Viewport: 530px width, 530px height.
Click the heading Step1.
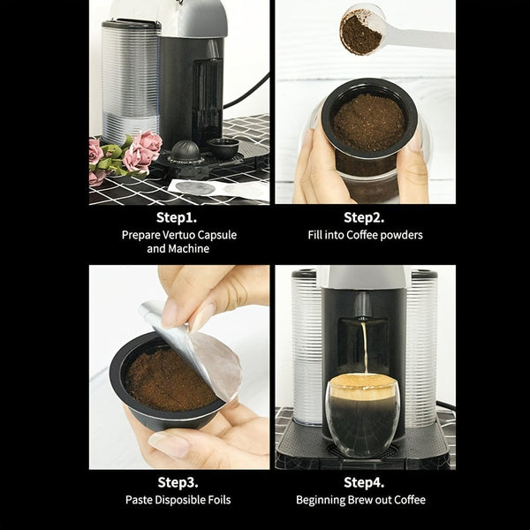coord(178,217)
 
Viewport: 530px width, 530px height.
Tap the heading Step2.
coord(365,217)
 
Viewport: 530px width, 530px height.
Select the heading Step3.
coord(178,482)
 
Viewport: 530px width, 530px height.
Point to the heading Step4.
coord(365,482)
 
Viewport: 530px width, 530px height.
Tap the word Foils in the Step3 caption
coord(217,500)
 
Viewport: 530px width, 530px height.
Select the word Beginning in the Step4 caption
coord(326,500)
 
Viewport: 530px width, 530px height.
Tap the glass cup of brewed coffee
coord(363,415)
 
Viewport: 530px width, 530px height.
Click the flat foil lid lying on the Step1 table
coord(196,187)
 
